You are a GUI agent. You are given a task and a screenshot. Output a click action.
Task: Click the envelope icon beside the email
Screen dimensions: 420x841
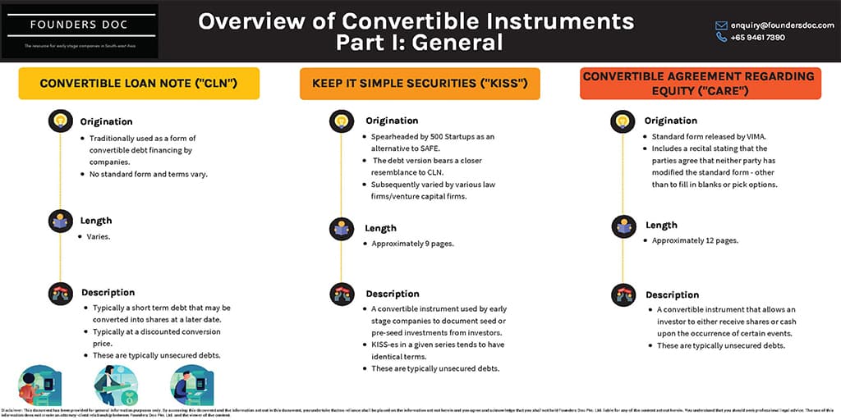[721, 25]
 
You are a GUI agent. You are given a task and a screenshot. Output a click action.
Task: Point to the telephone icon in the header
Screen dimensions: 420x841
[721, 38]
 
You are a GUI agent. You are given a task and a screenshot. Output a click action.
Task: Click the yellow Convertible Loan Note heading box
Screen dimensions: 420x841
[138, 83]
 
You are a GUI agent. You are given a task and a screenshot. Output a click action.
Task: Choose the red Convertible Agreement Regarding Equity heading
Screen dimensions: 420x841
[698, 83]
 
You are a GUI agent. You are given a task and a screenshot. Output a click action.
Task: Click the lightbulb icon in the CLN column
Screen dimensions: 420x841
[60, 121]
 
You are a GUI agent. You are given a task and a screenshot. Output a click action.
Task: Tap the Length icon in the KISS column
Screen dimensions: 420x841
[342, 228]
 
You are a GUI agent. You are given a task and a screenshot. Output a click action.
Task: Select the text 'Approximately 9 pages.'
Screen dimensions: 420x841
[407, 244]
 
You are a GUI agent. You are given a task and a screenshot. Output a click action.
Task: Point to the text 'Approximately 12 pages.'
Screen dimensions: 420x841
[695, 240]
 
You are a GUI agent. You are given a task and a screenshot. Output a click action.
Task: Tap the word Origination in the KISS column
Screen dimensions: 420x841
[392, 121]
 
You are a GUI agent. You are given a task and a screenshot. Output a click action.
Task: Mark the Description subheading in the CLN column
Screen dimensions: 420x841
[108, 292]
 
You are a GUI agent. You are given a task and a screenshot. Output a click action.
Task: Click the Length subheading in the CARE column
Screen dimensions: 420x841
[661, 225]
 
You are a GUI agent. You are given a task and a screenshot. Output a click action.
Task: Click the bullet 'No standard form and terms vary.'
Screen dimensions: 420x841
[147, 173]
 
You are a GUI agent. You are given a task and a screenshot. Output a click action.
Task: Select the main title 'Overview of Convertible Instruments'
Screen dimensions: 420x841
[416, 21]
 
